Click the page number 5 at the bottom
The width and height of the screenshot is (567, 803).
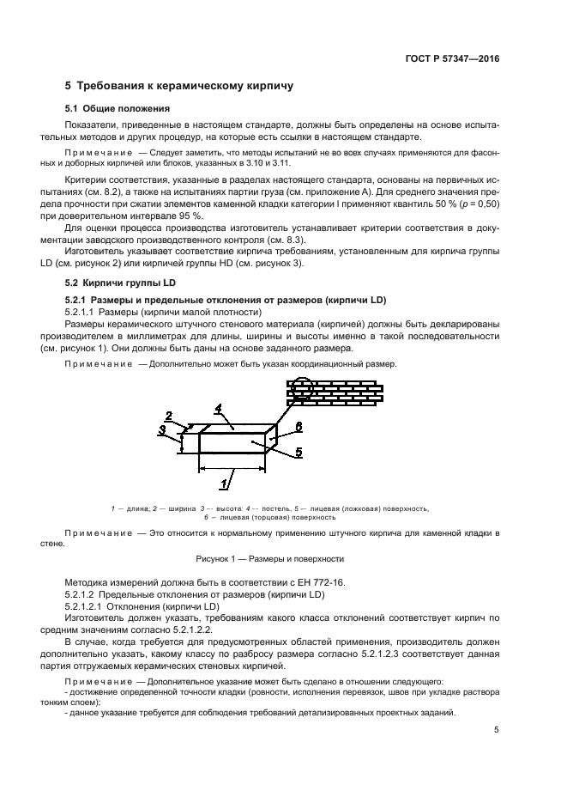point(496,730)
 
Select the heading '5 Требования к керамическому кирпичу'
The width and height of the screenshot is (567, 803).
point(180,87)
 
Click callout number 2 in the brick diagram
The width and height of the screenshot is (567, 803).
point(169,415)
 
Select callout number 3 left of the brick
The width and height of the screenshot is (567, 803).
point(162,430)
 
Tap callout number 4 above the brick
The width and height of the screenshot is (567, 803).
point(219,408)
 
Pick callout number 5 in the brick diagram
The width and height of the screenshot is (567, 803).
point(297,453)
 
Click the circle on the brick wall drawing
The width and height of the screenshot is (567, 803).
point(301,394)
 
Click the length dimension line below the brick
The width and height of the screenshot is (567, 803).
point(232,469)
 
